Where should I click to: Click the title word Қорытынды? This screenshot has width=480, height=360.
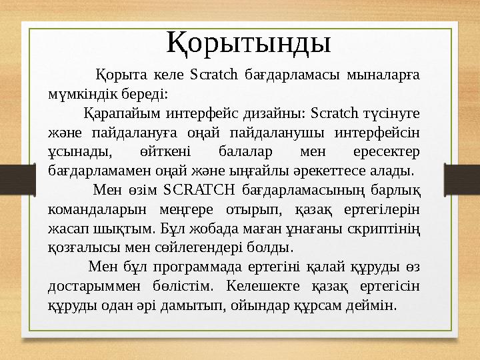point(248,42)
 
